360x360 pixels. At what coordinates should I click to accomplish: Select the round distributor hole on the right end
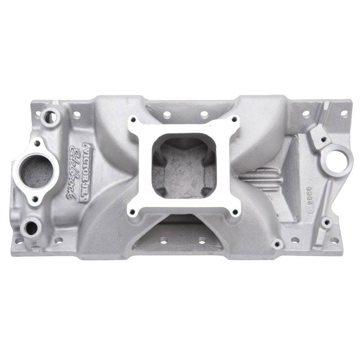[x=337, y=159]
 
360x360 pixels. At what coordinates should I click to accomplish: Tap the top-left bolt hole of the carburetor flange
[x=132, y=120]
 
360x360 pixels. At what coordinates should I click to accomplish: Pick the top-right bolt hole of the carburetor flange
[x=234, y=119]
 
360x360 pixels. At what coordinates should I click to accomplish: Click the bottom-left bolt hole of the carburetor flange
[x=132, y=212]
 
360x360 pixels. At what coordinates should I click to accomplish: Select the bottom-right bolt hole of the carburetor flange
[x=234, y=211]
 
